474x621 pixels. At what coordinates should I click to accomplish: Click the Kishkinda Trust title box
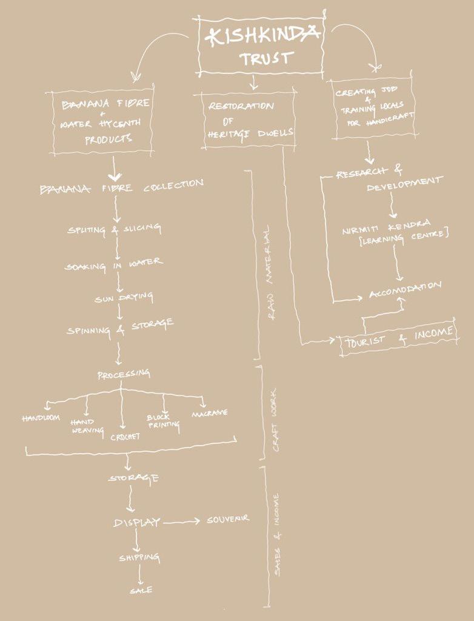pos(261,45)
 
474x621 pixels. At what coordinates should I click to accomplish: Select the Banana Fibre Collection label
pos(122,186)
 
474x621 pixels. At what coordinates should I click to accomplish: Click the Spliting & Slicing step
pos(115,229)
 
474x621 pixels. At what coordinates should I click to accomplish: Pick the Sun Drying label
pos(124,298)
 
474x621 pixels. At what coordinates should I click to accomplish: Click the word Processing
pos(124,375)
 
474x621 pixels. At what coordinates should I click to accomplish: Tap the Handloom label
pos(41,418)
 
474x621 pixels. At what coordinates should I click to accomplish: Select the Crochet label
pos(125,435)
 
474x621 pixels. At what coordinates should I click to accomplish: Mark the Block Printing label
pos(163,421)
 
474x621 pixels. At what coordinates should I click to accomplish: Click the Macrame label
pos(209,413)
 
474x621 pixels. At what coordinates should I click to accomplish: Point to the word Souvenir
pos(228,520)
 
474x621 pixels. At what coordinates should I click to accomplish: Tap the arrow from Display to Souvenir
pos(181,522)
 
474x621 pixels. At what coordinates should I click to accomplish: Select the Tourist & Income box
pos(399,337)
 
